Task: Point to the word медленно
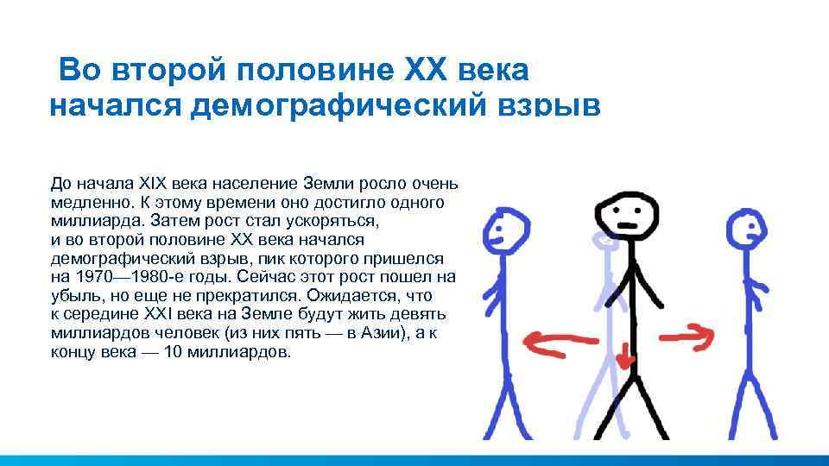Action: pyautogui.click(x=89, y=202)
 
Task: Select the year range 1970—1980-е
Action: pyautogui.click(x=128, y=277)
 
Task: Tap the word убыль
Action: pyautogui.click(x=74, y=296)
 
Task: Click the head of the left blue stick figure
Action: pyautogui.click(x=505, y=229)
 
